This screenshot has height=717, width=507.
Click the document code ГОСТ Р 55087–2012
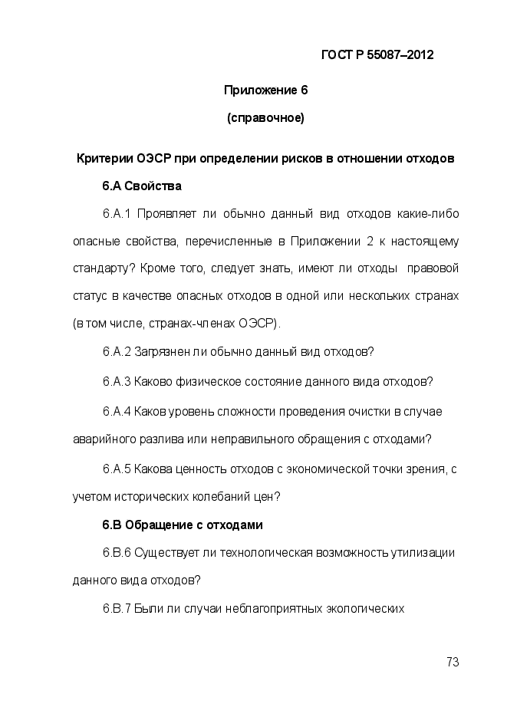point(377,55)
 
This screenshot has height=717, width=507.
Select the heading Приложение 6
point(265,90)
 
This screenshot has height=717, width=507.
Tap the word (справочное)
point(265,118)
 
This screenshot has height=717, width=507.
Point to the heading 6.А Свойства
point(142,186)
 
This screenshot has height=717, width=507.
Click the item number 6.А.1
point(118,213)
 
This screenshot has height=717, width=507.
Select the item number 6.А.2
point(117,352)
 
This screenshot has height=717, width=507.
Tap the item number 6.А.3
point(117,381)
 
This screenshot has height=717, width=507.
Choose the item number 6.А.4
point(117,411)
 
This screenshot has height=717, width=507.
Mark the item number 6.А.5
point(117,469)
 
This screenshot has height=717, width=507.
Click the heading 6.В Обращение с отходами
point(183,525)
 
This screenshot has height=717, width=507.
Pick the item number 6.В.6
point(117,553)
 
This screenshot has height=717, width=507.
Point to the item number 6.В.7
point(117,610)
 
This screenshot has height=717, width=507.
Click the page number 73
point(452,662)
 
